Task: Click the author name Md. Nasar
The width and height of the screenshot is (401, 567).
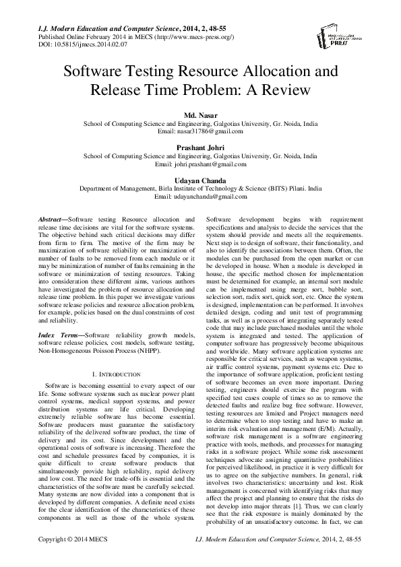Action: point(200,116)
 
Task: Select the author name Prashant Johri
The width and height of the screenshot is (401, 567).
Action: point(200,148)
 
